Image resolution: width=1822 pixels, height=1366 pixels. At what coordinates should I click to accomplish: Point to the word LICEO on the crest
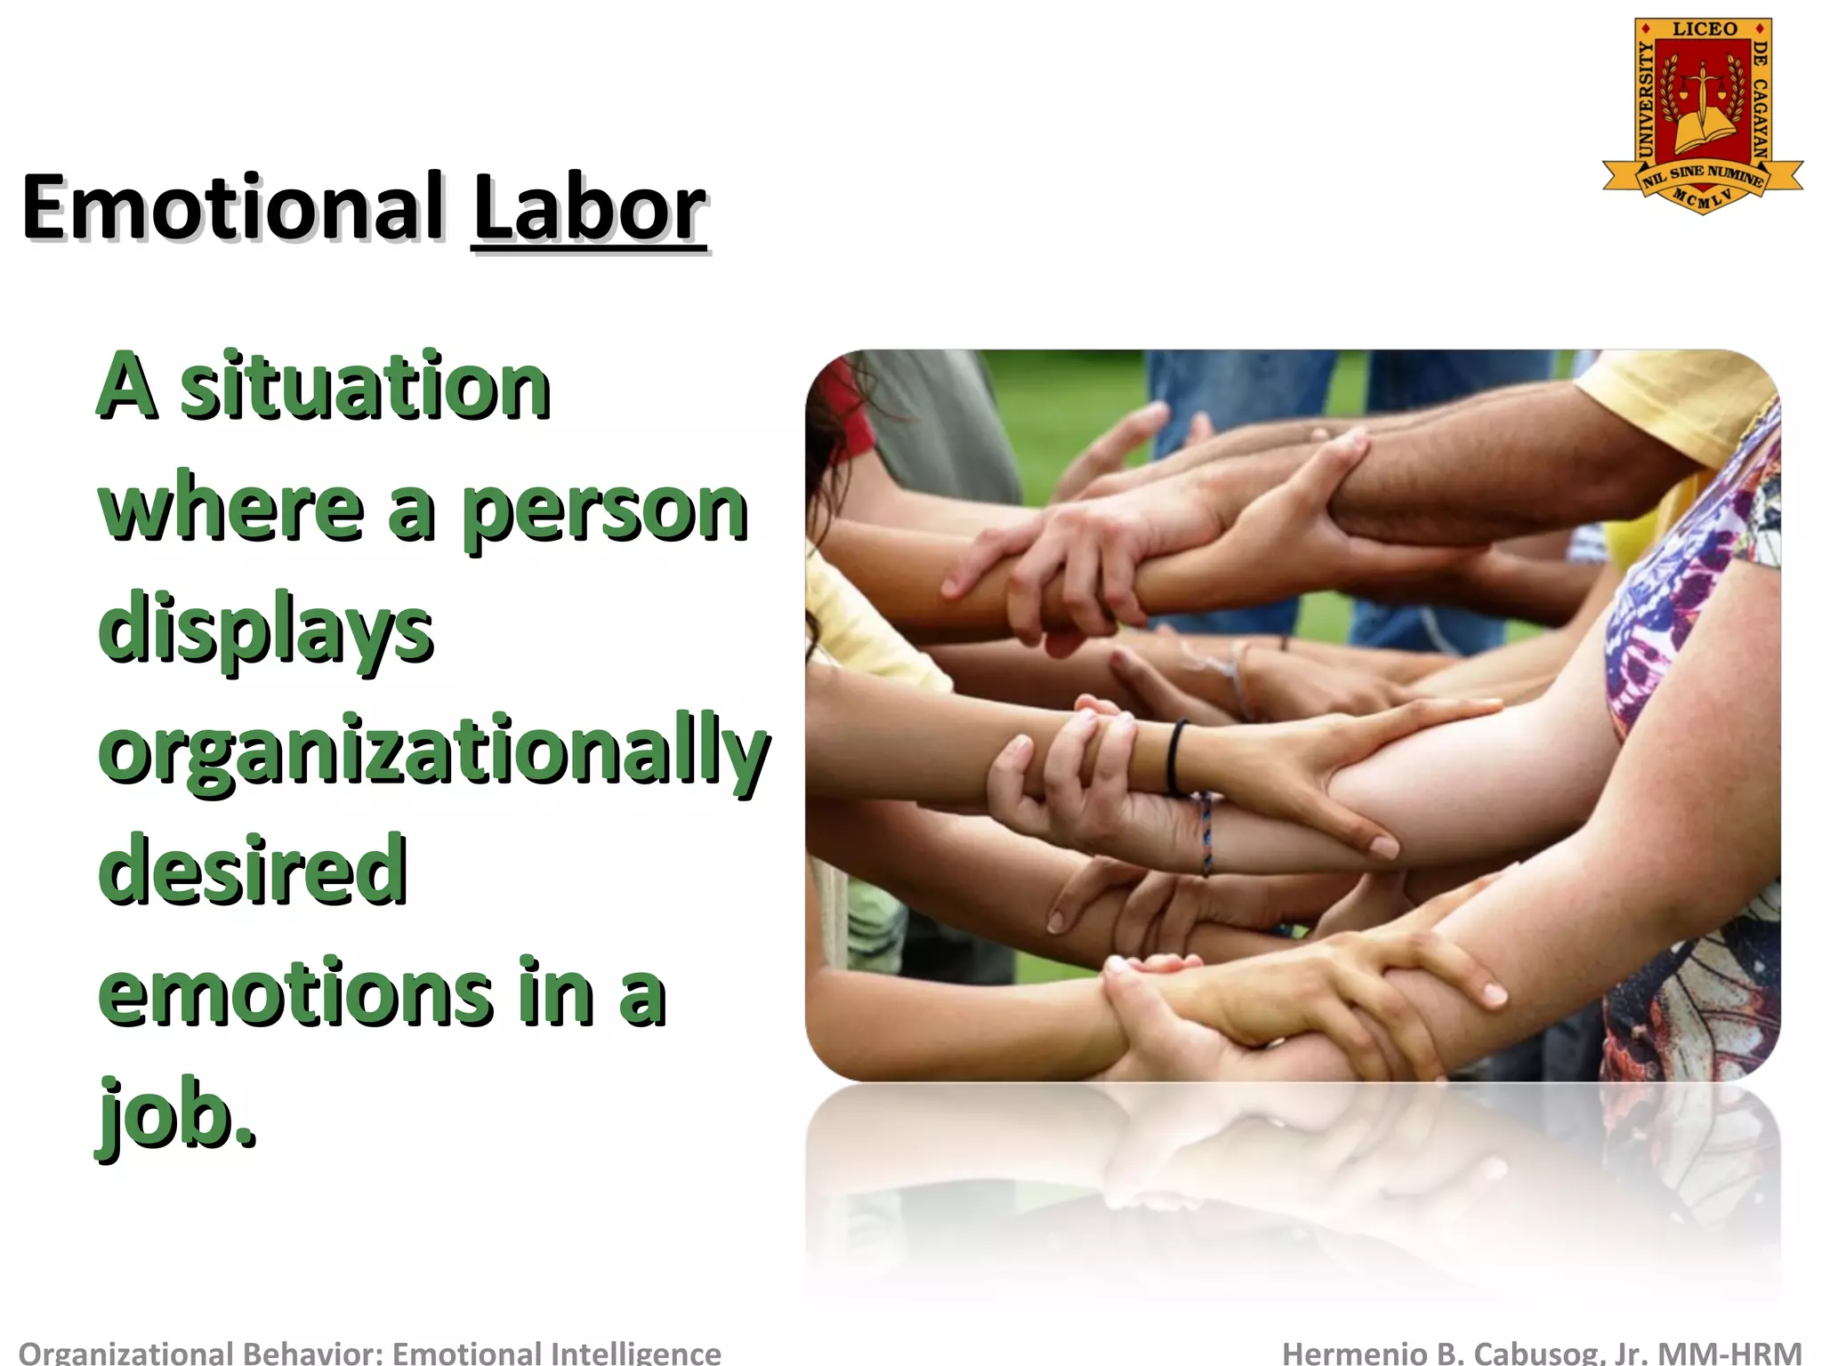click(x=1704, y=29)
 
